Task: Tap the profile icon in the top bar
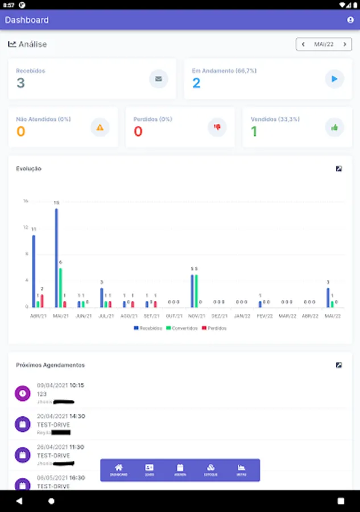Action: point(350,20)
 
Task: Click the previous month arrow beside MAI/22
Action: point(303,44)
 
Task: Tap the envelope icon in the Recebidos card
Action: point(159,79)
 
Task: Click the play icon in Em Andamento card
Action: point(334,79)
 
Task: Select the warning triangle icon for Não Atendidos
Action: point(100,127)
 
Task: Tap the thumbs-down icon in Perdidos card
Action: point(217,127)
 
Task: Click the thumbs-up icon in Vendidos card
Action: point(334,127)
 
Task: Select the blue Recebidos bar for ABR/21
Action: point(34,271)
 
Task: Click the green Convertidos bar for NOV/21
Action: point(197,291)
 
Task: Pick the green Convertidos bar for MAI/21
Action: point(61,287)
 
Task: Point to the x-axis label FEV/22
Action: point(264,316)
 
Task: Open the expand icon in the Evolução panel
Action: point(339,169)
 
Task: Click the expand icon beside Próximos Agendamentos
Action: point(339,365)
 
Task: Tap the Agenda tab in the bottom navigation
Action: point(180,470)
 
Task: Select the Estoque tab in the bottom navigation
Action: point(210,470)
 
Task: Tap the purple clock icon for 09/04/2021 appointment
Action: point(22,393)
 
